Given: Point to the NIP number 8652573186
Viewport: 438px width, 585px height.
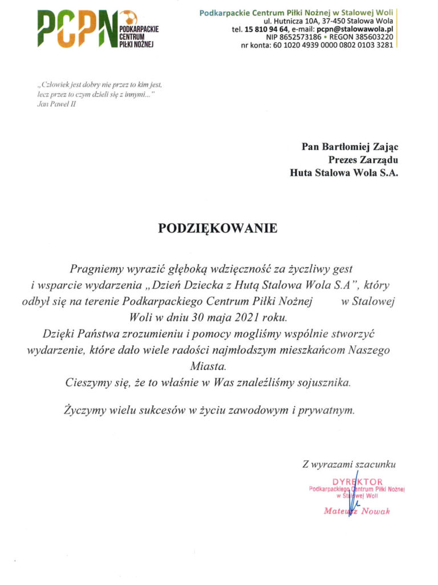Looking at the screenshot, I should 306,37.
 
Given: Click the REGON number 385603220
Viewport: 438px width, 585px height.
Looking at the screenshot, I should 374,37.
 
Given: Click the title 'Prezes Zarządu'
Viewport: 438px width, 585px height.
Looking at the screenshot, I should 363,159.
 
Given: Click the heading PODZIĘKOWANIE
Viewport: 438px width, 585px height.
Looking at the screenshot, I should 218,229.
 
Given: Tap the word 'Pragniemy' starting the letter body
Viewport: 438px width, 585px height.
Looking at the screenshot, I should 95,268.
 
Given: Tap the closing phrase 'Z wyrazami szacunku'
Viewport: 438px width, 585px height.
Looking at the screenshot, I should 348,464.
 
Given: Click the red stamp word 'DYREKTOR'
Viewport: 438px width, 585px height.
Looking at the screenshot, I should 358,482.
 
